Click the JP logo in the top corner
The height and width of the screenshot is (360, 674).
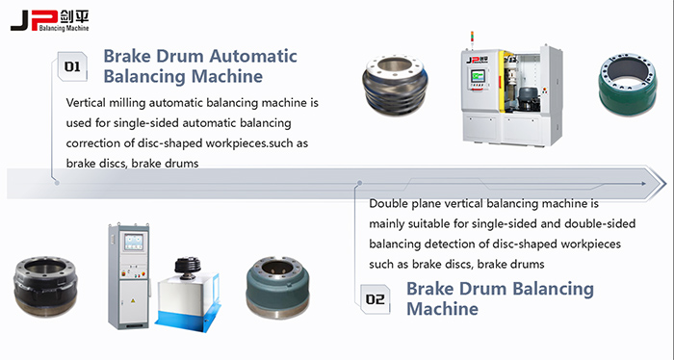(49, 21)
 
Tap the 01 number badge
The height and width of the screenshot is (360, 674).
(72, 66)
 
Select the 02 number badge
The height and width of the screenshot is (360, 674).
(375, 299)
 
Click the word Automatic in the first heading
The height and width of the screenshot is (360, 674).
(253, 56)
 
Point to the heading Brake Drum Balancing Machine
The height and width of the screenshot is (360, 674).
(500, 298)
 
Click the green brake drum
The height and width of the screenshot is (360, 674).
(627, 84)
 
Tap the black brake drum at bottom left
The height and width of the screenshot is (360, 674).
(45, 286)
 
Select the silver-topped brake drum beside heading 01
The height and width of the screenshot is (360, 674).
(395, 85)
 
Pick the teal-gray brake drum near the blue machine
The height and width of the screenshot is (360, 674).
(277, 288)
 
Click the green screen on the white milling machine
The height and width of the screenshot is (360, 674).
(478, 76)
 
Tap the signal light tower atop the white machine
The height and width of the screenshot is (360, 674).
(472, 39)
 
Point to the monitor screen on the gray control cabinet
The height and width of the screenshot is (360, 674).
(133, 242)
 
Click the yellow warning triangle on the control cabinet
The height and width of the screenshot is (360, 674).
(133, 299)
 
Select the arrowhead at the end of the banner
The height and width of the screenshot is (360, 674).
(657, 184)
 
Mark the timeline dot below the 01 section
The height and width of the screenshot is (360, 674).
(57, 183)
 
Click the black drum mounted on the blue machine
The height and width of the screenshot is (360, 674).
(188, 268)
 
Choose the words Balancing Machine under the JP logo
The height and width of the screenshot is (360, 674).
(64, 28)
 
